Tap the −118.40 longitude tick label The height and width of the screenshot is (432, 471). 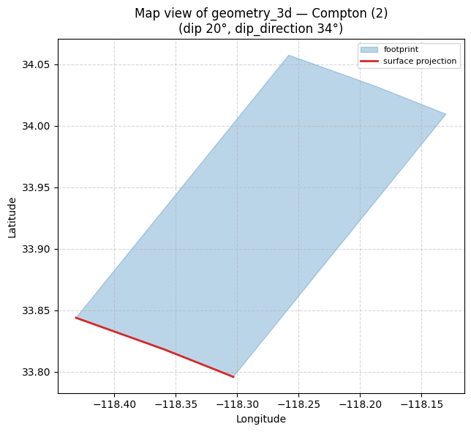coord(114,405)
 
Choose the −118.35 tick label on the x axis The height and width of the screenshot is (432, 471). coord(176,405)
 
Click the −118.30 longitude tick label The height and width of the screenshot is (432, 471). coord(237,405)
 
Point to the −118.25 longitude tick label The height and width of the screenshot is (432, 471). coord(299,405)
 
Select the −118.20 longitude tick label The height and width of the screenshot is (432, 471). coord(360,405)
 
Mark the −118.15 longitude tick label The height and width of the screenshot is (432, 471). coord(422,405)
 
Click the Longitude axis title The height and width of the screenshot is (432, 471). coord(261,419)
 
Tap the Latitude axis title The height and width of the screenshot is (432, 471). coord(12,218)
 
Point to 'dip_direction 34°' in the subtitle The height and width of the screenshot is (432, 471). coord(289,29)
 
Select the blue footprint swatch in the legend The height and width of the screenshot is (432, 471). coord(369,50)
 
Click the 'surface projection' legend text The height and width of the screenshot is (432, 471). coord(420,61)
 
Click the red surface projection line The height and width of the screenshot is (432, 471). coord(155,346)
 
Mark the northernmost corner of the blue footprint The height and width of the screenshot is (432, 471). coord(289,55)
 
